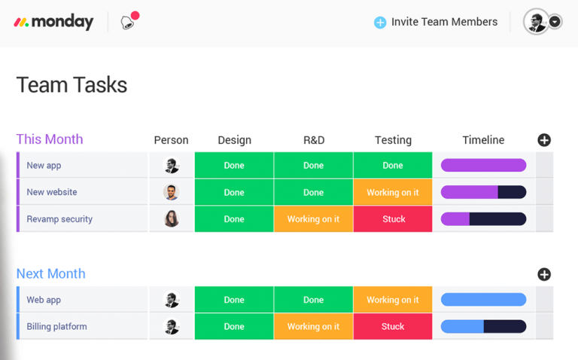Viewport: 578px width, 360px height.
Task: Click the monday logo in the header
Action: [x=53, y=23]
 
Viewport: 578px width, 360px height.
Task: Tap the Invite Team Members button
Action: [x=436, y=22]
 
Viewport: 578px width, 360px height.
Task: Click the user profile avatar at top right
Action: [x=536, y=22]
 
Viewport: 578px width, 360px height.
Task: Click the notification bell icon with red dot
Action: [x=129, y=21]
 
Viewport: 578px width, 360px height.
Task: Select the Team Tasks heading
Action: [x=71, y=85]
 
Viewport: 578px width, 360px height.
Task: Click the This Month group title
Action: [x=50, y=139]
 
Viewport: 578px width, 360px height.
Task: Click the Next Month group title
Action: [x=50, y=273]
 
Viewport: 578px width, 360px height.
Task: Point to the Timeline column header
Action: [x=483, y=140]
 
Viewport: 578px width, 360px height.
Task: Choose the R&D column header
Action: [x=313, y=140]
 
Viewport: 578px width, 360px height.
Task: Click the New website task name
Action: [x=52, y=192]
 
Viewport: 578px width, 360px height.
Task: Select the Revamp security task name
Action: [x=59, y=219]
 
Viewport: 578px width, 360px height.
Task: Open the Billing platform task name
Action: [x=56, y=327]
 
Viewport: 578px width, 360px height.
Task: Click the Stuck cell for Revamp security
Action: [x=393, y=219]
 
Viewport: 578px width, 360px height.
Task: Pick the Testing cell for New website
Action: [x=393, y=192]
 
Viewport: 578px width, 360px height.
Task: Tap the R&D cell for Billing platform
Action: [x=313, y=327]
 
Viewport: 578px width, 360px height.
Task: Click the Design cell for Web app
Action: [x=234, y=300]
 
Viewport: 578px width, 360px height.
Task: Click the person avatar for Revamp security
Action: [x=172, y=219]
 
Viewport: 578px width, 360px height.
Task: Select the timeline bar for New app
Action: [x=483, y=166]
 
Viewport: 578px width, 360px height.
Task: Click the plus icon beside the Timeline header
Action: [x=544, y=140]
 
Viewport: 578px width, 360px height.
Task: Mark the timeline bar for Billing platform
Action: [x=483, y=327]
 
